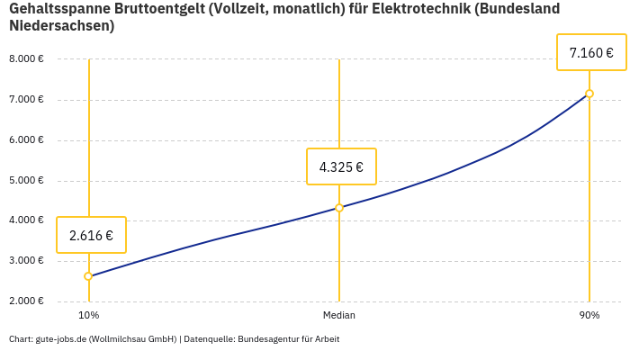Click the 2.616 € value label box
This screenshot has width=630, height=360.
pos(91,236)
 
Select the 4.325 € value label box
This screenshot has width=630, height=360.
pos(341,166)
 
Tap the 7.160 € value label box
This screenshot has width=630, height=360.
pos(591,53)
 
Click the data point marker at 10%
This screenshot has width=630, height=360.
pos(88,276)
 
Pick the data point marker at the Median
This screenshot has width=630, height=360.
pos(339,208)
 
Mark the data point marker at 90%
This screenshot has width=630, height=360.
pos(589,94)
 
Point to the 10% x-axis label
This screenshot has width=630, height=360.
pos(88,315)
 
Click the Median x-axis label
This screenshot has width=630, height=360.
pos(339,315)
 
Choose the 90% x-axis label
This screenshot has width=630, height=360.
pos(589,315)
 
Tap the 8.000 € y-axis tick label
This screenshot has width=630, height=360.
pos(26,59)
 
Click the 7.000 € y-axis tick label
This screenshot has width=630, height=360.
pos(26,100)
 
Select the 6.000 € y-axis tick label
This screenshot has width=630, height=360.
pos(26,140)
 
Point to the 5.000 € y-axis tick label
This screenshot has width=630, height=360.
pos(26,181)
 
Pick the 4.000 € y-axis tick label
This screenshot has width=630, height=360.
pos(26,220)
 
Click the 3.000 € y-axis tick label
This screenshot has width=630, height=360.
pos(26,261)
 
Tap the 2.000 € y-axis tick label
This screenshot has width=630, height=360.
pos(26,301)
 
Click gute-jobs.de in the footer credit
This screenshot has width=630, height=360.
pos(59,339)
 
